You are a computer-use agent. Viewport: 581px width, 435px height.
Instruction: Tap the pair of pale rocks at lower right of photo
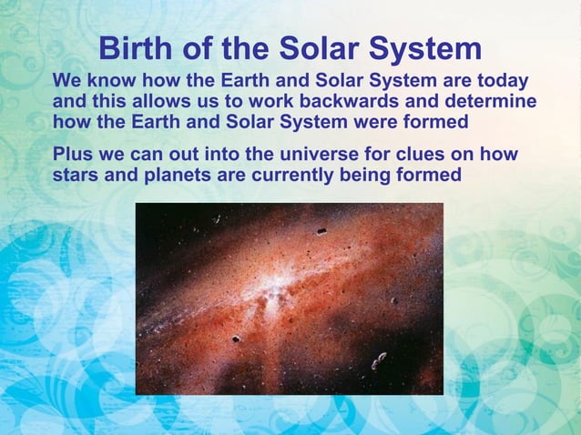379,360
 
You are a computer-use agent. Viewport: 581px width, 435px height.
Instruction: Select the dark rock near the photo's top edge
321,232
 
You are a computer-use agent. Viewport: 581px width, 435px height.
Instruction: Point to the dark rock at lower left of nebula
236,339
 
